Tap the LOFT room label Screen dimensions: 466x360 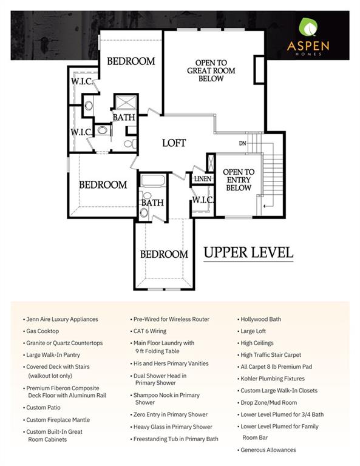174,143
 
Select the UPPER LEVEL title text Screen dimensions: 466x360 248,251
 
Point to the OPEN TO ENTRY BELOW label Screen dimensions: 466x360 239,180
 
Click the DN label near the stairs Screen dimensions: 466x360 243,144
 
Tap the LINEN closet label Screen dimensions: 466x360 202,179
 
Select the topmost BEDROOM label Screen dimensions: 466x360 131,61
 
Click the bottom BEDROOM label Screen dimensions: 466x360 164,254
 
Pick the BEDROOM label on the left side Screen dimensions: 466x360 103,184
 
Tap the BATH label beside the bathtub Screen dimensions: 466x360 152,203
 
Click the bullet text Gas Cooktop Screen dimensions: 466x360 42,331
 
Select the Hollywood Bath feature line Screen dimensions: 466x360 260,319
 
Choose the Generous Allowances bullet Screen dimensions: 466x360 268,450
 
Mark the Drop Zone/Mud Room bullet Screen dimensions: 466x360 269,402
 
